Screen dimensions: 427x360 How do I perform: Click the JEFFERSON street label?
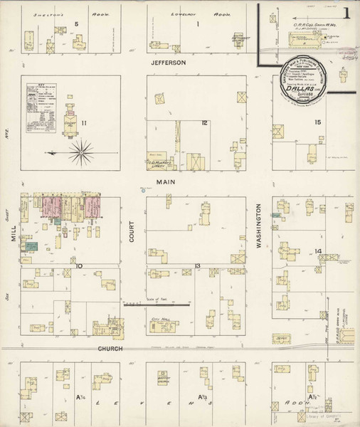pyautogui.click(x=169, y=63)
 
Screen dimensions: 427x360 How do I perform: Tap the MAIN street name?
pyautogui.click(x=166, y=182)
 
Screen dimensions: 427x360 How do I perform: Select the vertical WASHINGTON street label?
pyautogui.click(x=260, y=229)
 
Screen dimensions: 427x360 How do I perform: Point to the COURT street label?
pyautogui.click(x=132, y=231)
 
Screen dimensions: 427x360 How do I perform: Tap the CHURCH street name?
pyautogui.click(x=111, y=349)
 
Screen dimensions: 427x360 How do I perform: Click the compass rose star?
pyautogui.click(x=82, y=151)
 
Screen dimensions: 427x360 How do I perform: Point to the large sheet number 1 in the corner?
pyautogui.click(x=346, y=13)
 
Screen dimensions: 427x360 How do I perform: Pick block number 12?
pyautogui.click(x=204, y=123)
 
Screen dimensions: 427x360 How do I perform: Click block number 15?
pyautogui.click(x=318, y=122)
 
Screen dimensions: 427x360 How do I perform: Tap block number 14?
pyautogui.click(x=319, y=251)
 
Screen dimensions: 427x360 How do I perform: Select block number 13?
pyautogui.click(x=197, y=266)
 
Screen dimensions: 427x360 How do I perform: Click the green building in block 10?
pyautogui.click(x=31, y=246)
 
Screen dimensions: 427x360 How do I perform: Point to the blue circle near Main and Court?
pyautogui.click(x=142, y=189)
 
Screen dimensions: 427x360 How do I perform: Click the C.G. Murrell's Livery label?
pyautogui.click(x=162, y=163)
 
